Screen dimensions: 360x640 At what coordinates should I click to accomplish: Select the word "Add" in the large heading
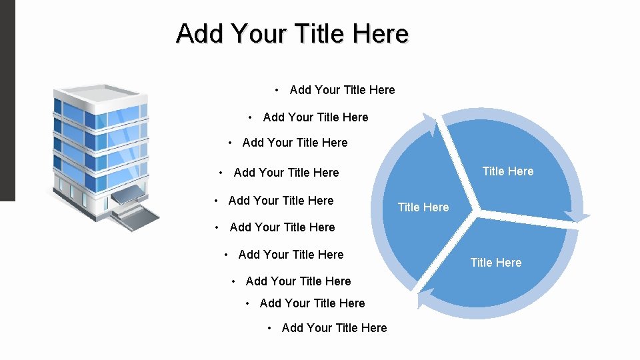click(x=197, y=33)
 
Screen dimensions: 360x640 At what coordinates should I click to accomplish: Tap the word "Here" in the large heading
click(x=381, y=33)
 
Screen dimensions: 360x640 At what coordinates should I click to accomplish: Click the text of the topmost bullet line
click(x=342, y=90)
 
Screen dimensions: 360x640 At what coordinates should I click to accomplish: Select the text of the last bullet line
click(x=334, y=328)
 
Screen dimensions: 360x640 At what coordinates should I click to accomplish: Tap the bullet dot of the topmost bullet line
click(x=276, y=90)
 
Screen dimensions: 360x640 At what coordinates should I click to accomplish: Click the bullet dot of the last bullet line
click(x=269, y=328)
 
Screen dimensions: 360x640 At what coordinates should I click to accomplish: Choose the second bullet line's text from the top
click(x=315, y=117)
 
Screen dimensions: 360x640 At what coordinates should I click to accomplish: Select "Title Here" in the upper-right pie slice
click(x=507, y=171)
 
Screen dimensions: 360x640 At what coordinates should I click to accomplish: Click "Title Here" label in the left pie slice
click(x=423, y=207)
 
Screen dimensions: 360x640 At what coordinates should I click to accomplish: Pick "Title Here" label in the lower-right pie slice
click(x=496, y=263)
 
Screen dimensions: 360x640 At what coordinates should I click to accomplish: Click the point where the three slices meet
click(x=475, y=209)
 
